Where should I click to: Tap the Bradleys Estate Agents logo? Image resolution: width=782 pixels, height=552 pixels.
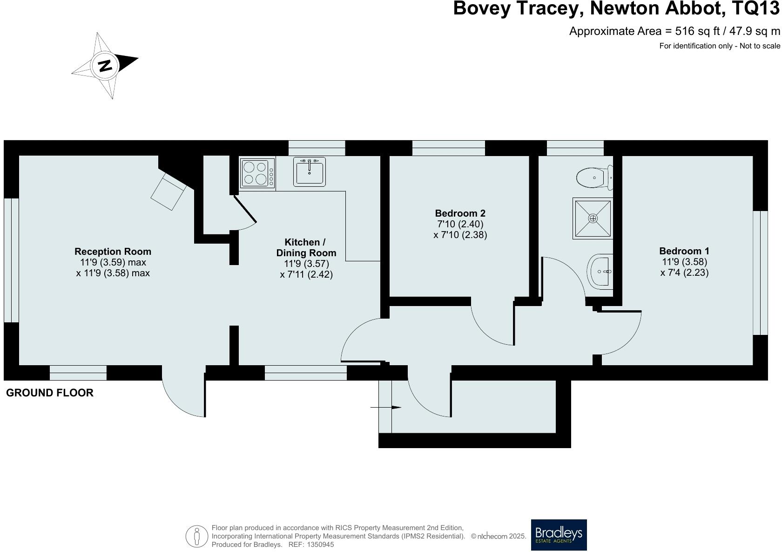559,535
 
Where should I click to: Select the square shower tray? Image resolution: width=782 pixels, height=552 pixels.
593,218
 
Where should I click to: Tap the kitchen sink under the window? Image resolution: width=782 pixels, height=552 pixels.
310,171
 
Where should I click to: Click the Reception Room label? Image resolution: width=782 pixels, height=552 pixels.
113,252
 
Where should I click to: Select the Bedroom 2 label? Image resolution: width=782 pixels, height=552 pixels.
460,213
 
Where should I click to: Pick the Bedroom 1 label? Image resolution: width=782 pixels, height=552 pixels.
684,251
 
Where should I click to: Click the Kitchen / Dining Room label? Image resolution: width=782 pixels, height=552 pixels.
306,247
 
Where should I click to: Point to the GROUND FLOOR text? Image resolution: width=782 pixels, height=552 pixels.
50,393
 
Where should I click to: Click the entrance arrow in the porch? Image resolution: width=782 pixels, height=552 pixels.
386,408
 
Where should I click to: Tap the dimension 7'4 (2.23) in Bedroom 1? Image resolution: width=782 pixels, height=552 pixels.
684,273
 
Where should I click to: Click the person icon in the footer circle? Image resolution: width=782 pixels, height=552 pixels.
197,536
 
